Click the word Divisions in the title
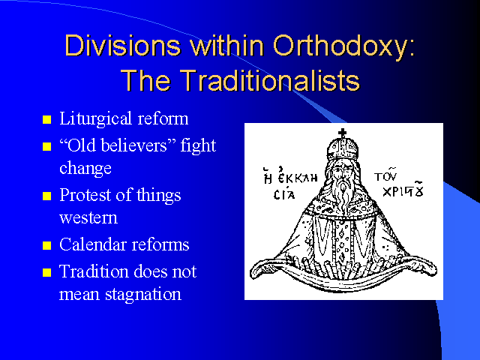[x=123, y=46]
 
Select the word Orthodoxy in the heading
[x=343, y=47]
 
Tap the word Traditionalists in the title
[x=270, y=80]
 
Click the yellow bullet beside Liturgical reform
[x=46, y=119]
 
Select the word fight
[x=198, y=146]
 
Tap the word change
[x=85, y=169]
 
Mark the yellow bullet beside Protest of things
[x=46, y=196]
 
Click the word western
[x=88, y=218]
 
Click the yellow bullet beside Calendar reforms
[x=46, y=245]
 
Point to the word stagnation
[x=143, y=295]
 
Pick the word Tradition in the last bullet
[x=94, y=271]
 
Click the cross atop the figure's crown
[x=343, y=133]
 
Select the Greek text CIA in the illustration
[x=284, y=195]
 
